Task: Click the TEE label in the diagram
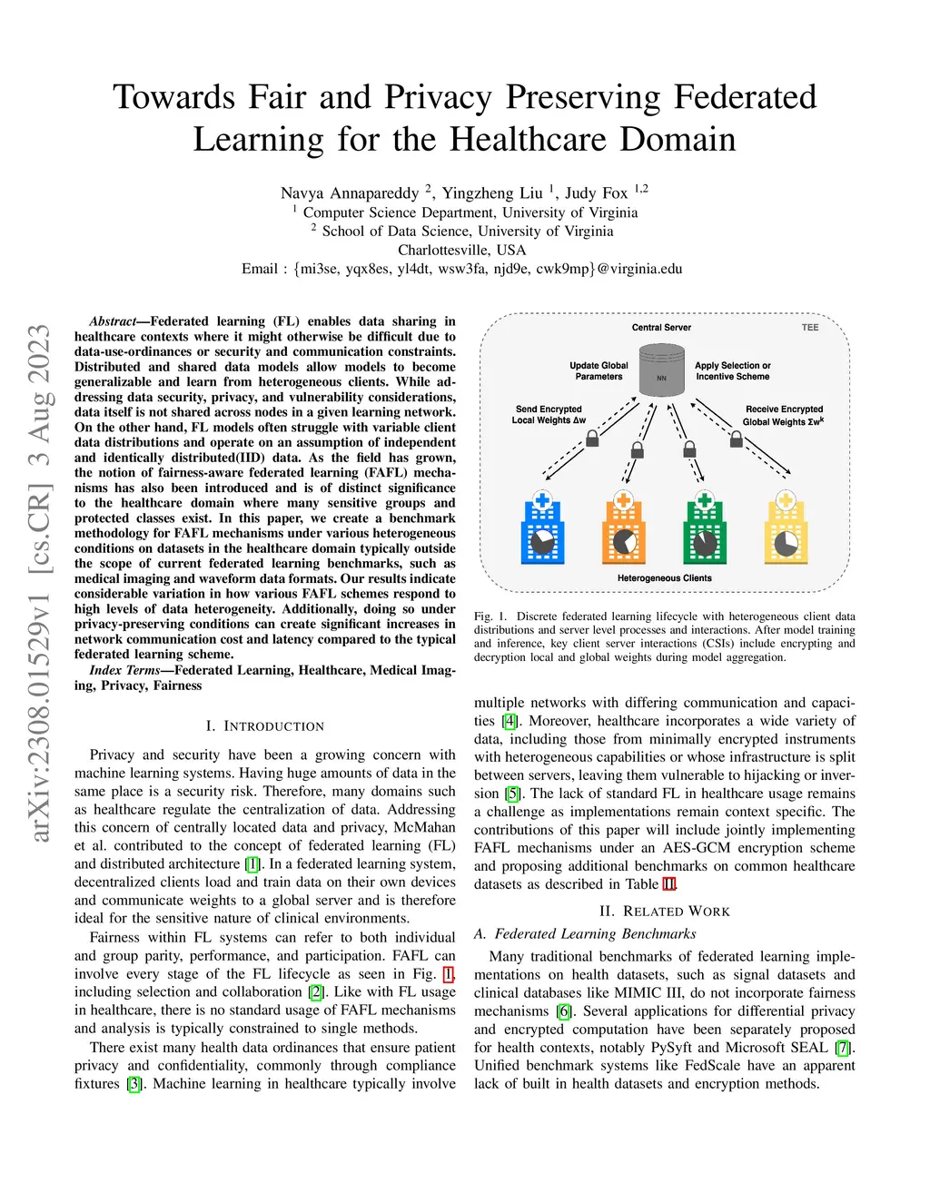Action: (810, 328)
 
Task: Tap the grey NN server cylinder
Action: (662, 370)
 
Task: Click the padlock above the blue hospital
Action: (592, 439)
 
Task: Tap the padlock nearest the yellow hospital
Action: (737, 439)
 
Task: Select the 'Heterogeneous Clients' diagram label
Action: (665, 578)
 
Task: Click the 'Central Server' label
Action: (661, 328)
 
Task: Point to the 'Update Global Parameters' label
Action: (599, 371)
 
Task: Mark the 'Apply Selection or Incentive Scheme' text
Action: (733, 371)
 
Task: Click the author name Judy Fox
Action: (596, 193)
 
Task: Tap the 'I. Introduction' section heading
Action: (264, 726)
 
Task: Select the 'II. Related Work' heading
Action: (665, 912)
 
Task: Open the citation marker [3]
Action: (134, 1084)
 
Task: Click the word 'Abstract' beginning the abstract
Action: (113, 321)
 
